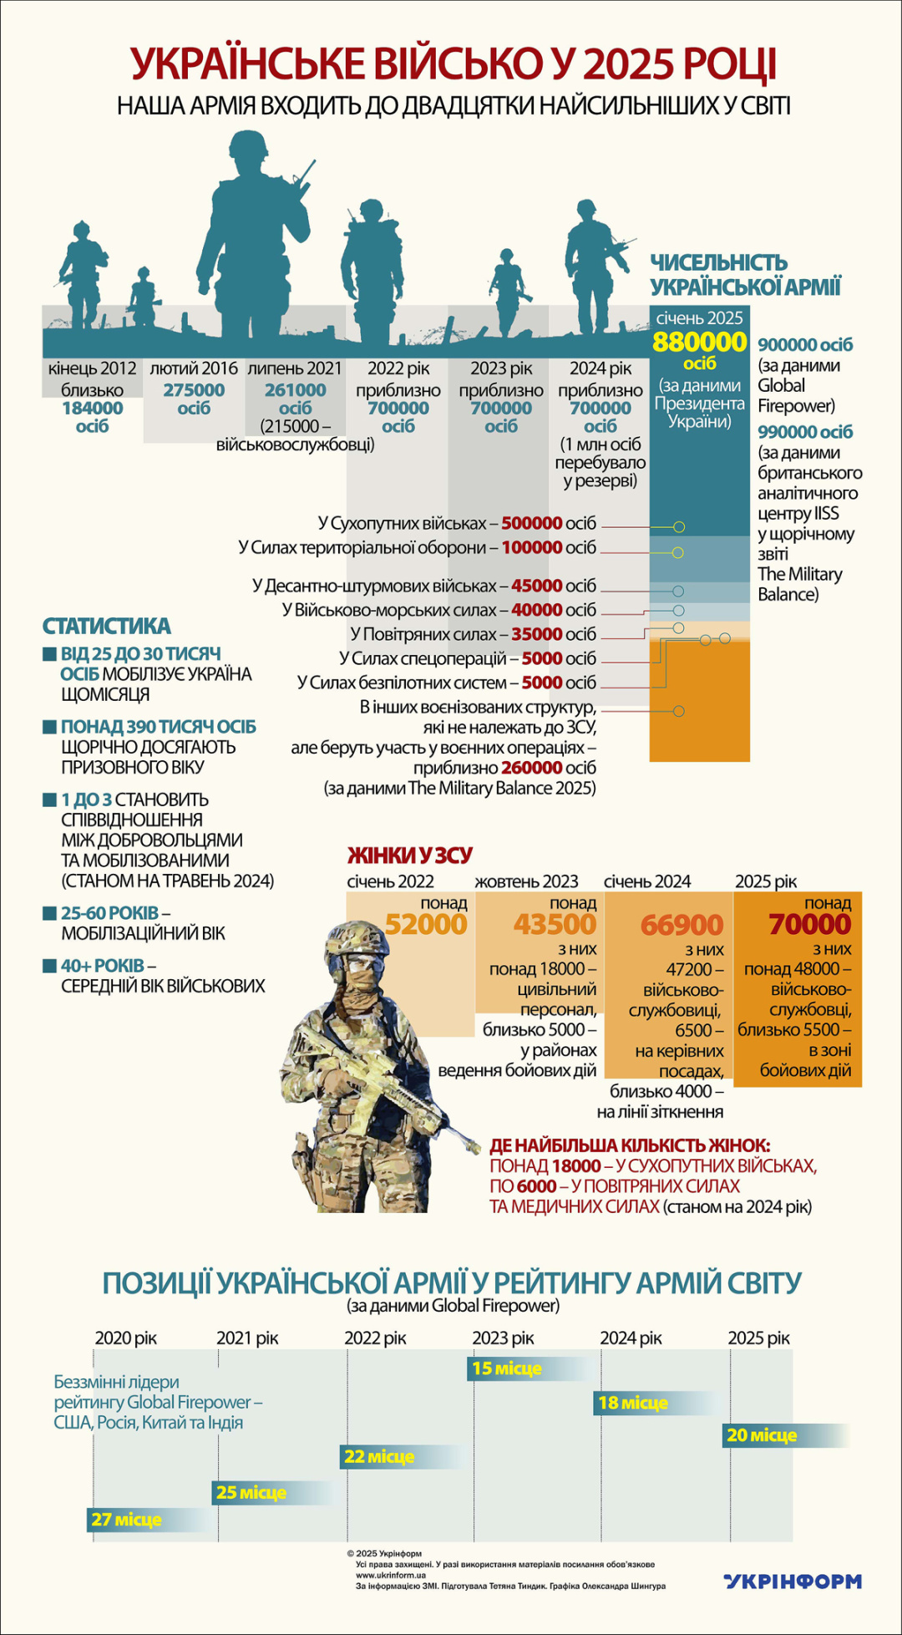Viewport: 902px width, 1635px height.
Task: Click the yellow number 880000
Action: [699, 343]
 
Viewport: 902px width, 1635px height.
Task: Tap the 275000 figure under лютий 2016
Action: [194, 390]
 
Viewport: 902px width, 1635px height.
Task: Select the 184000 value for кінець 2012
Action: [92, 409]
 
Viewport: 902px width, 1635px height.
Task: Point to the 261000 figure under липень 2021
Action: [295, 390]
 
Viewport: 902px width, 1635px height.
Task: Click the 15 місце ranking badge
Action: [506, 1368]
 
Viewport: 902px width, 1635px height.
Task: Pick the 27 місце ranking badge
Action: [126, 1519]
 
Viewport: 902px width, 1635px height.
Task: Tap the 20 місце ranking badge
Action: [762, 1435]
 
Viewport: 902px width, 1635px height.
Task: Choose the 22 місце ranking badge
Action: [379, 1456]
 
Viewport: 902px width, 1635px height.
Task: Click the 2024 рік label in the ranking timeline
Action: [631, 1338]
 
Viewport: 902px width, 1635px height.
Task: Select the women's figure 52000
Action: [426, 924]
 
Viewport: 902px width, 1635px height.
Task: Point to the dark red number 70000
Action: [810, 924]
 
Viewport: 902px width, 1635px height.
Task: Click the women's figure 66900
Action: [682, 925]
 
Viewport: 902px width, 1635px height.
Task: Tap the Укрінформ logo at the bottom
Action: [792, 1581]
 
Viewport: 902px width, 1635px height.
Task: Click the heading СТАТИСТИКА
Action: [106, 626]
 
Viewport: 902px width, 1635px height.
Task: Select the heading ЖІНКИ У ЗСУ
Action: [409, 855]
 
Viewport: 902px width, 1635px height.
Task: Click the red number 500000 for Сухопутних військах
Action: [531, 524]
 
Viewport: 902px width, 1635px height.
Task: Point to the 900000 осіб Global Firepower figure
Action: [805, 345]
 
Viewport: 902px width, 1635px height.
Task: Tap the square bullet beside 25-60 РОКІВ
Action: [49, 913]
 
